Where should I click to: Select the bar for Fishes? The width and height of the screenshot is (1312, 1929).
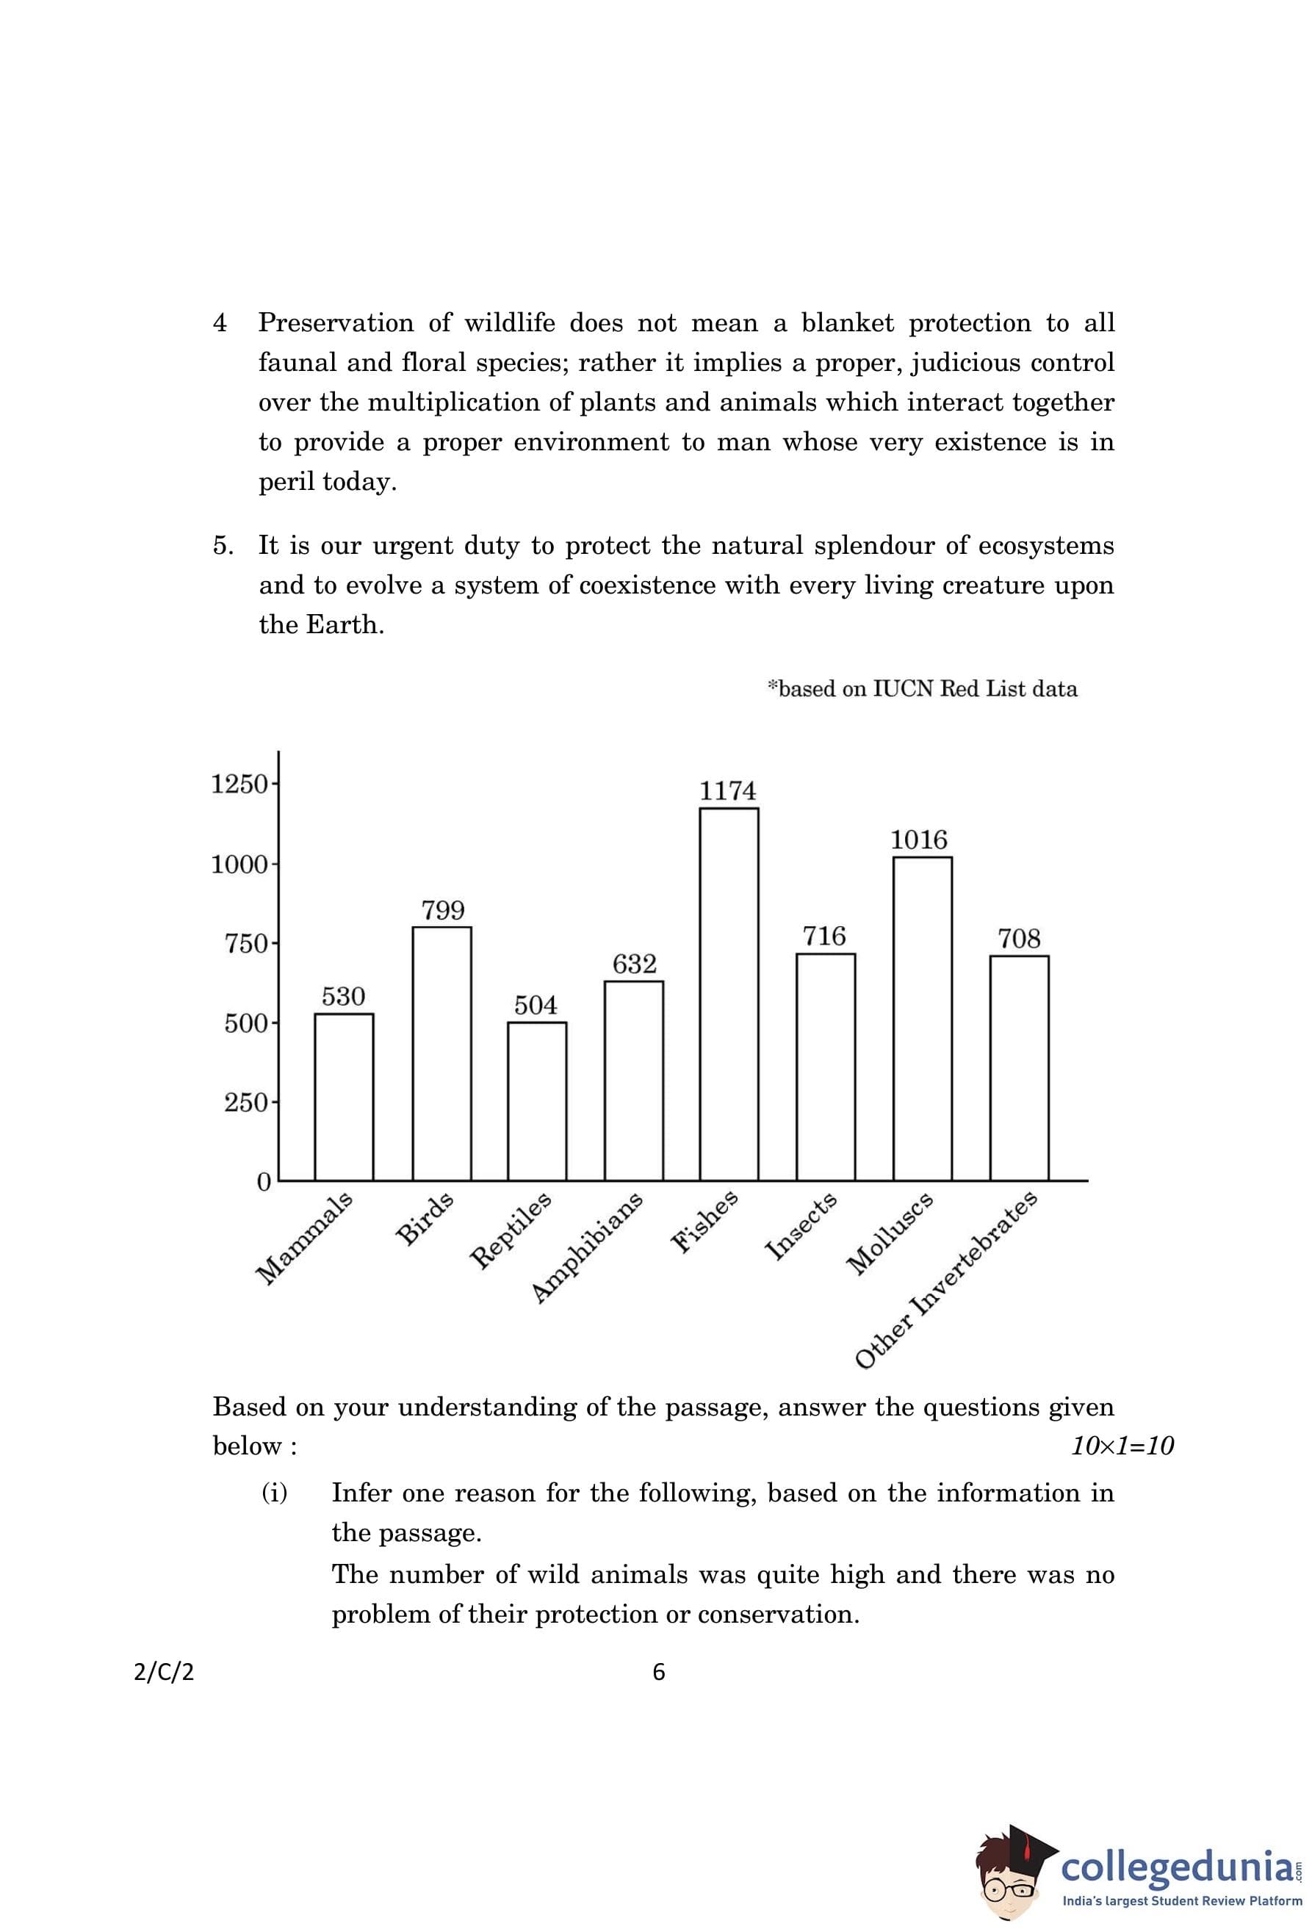(728, 994)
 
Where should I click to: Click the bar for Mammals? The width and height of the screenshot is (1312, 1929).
(344, 1097)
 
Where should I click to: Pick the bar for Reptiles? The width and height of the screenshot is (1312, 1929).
(537, 1100)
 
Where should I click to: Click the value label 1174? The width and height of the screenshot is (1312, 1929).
(728, 791)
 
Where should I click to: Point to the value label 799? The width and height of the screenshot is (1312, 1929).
(442, 911)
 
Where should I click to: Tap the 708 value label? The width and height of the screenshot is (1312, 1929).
(1018, 939)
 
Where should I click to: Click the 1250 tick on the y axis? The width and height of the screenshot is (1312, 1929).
(239, 784)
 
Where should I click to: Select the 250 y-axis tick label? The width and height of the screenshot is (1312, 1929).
(245, 1103)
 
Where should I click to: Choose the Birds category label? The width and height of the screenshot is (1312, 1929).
(425, 1218)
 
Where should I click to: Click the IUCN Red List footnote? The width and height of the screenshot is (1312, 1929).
(922, 689)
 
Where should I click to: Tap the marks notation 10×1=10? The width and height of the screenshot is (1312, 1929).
(1122, 1446)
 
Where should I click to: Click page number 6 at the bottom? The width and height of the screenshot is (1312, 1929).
(659, 1672)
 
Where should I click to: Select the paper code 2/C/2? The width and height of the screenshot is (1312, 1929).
(164, 1672)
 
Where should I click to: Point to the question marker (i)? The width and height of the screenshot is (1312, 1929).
(275, 1493)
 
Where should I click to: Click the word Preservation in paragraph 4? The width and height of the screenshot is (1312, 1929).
(335, 323)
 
